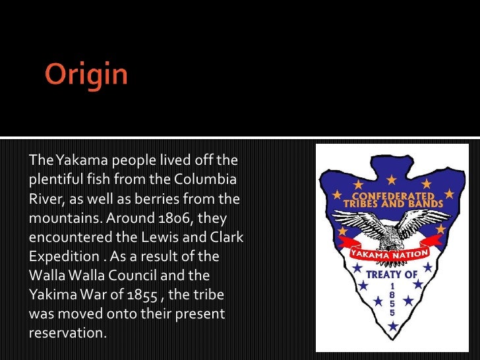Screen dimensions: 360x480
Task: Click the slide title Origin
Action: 86,75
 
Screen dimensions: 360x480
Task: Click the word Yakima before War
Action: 51,294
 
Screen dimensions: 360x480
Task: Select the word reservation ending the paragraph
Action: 67,332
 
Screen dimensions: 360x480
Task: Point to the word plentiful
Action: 53,179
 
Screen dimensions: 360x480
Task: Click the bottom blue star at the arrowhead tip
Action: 393,326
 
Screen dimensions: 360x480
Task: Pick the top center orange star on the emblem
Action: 392,179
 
